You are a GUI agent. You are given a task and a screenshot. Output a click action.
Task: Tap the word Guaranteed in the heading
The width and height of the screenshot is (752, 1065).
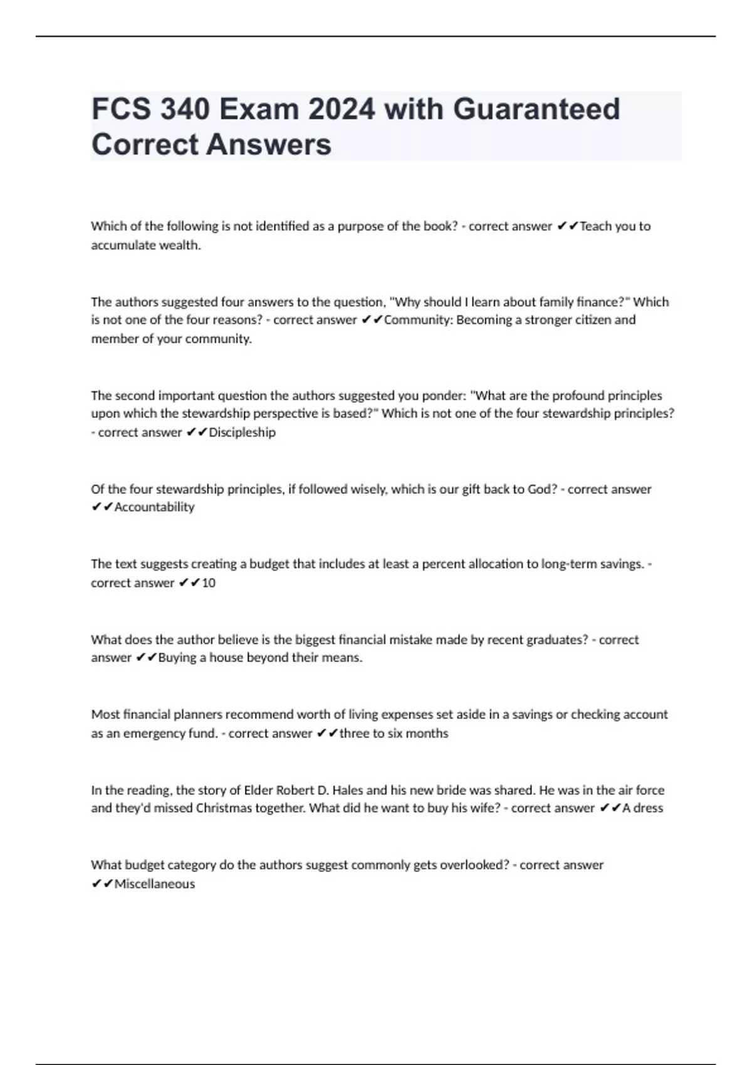(536, 110)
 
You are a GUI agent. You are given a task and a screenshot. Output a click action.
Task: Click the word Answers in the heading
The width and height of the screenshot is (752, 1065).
(269, 145)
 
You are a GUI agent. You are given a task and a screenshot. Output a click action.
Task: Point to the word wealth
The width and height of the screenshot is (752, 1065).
(182, 245)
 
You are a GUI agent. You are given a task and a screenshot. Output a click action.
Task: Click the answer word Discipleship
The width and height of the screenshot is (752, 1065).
(242, 432)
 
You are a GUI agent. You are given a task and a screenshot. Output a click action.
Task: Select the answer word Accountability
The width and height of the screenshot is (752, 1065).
(154, 507)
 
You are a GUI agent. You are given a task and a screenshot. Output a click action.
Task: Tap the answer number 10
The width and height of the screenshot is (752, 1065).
(209, 583)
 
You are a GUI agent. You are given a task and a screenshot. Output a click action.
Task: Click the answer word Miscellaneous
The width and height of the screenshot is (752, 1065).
(154, 884)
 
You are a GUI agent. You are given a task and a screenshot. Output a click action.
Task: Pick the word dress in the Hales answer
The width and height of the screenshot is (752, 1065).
(648, 808)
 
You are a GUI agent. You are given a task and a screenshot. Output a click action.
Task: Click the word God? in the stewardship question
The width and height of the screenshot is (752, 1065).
(542, 489)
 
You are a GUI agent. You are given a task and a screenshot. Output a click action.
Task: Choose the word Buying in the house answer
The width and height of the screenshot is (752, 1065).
(177, 658)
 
